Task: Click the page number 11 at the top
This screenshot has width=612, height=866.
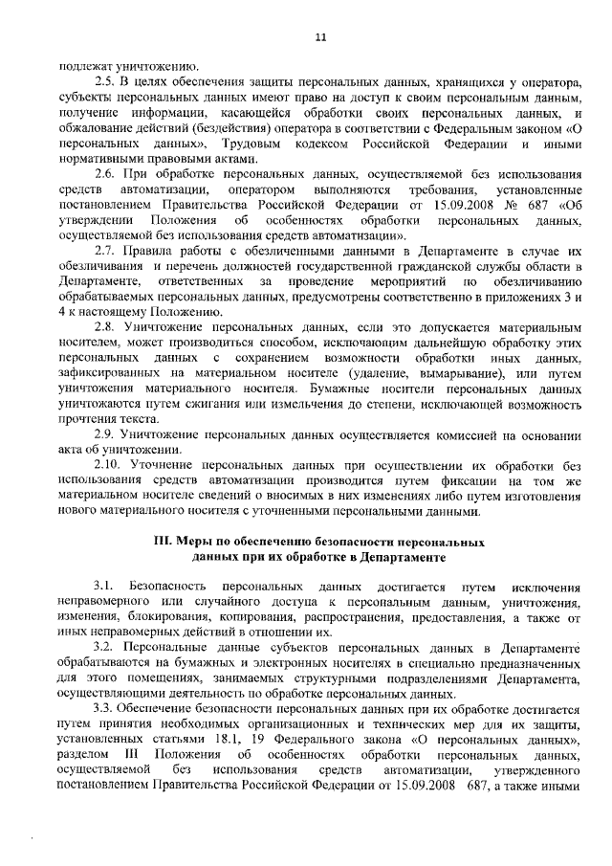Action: (x=320, y=36)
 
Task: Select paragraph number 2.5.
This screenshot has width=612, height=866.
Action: (x=104, y=82)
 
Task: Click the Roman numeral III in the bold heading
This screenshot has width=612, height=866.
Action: (x=164, y=542)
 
